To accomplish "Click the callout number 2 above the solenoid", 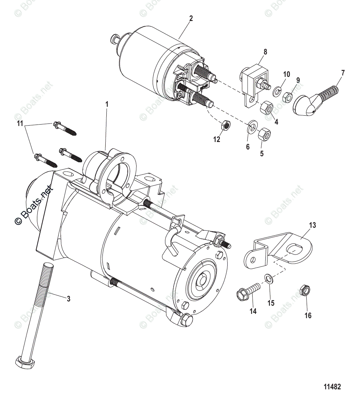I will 191,19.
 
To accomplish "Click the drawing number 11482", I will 332,387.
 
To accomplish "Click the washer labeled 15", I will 269,279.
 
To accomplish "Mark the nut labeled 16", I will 305,291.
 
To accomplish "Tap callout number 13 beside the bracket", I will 312,225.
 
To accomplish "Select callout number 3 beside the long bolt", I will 68,299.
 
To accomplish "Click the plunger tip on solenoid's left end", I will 115,37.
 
